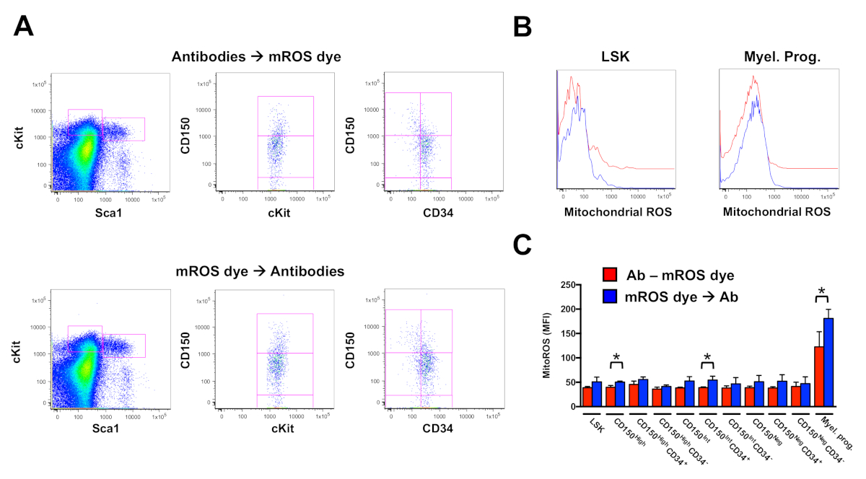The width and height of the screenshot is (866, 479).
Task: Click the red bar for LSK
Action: (x=587, y=397)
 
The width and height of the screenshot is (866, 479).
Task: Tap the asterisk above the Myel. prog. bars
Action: (x=822, y=292)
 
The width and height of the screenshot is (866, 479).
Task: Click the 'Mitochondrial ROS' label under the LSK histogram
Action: (x=613, y=213)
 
